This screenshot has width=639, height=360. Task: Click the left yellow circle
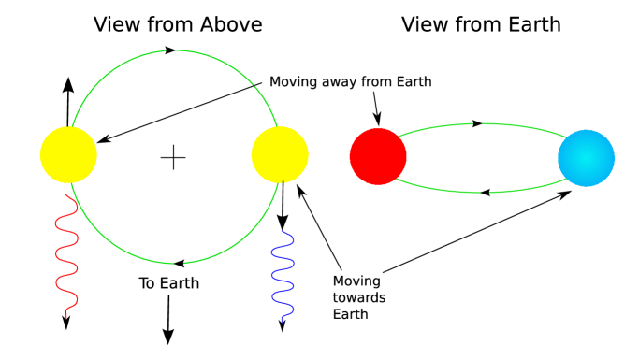point(68,154)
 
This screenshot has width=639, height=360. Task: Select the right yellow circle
point(280,154)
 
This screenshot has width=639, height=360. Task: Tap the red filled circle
point(378,156)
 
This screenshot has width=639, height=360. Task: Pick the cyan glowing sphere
point(586,158)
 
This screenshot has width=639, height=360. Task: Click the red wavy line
point(66,257)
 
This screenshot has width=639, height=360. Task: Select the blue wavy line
point(283,276)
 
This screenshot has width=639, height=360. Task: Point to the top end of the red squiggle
point(65,195)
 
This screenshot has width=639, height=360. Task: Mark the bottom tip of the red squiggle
point(66,318)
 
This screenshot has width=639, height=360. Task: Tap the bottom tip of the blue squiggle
point(283,321)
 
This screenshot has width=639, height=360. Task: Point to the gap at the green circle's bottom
point(179,264)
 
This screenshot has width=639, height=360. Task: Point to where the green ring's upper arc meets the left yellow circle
point(73,127)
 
